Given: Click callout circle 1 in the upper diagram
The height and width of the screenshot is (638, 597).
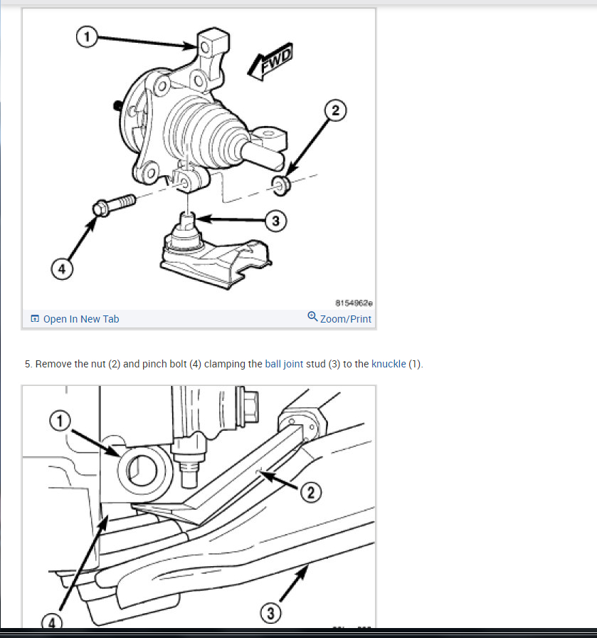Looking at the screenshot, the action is [x=87, y=37].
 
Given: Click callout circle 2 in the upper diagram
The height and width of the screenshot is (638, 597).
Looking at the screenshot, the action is [x=335, y=110].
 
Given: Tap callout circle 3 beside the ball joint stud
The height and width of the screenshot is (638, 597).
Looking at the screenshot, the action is [x=275, y=221].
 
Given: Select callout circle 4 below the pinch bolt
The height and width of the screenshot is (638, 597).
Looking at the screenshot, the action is [x=62, y=269].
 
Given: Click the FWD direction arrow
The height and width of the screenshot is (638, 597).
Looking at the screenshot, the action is [x=271, y=61].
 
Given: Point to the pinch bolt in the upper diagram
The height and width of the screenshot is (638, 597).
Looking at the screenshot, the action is [x=114, y=204].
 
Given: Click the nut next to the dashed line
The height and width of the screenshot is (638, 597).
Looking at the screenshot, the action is [x=280, y=186].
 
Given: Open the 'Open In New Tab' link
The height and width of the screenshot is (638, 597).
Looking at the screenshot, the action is [x=81, y=319].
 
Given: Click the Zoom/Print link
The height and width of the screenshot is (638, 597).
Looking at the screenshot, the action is [x=346, y=319].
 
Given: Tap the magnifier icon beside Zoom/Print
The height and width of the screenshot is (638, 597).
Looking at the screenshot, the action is [x=312, y=317].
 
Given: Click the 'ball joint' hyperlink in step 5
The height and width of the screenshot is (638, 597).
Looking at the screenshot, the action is [x=284, y=364].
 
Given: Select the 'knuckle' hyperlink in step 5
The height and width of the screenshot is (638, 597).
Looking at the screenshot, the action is [x=389, y=364].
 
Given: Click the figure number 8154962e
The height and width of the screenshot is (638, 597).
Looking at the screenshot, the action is [x=354, y=303].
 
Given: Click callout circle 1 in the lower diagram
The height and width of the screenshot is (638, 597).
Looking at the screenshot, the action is [x=60, y=421].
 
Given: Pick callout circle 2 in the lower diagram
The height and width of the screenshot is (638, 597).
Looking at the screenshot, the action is [x=311, y=492].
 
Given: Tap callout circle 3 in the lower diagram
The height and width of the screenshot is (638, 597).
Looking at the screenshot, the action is [x=270, y=613].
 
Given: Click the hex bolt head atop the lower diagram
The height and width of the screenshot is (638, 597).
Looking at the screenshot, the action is [x=248, y=406].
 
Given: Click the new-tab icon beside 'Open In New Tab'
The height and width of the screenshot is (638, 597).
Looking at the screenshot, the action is [x=35, y=318].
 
